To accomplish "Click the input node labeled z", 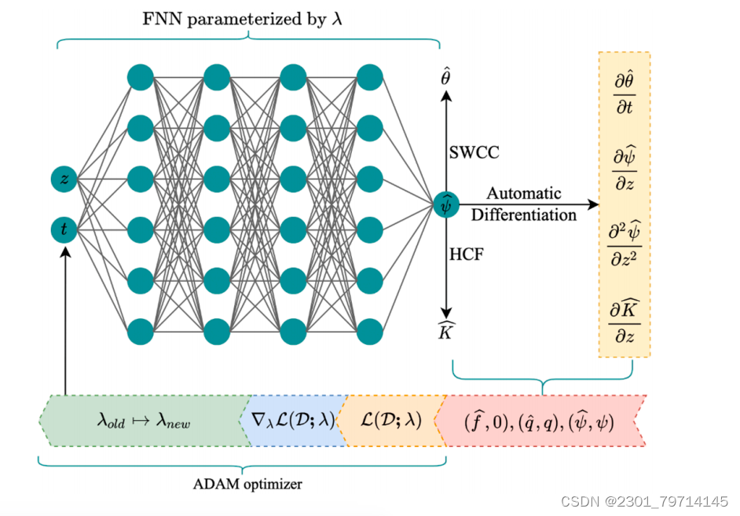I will [x=64, y=180].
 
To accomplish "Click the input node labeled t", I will [x=64, y=229].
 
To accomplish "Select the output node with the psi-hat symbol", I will [x=445, y=204].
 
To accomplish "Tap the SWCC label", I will [x=473, y=152].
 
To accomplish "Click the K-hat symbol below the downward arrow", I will [x=445, y=332].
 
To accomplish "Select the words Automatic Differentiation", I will [x=523, y=203].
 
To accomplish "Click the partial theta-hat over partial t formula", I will [x=625, y=93].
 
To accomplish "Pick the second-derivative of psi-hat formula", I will [x=625, y=244].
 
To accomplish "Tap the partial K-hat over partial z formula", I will [x=625, y=320].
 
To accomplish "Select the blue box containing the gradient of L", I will [x=292, y=420].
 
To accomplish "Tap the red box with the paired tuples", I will [x=540, y=421].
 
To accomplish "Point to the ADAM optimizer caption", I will [x=247, y=484].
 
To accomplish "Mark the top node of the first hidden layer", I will [x=140, y=77].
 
